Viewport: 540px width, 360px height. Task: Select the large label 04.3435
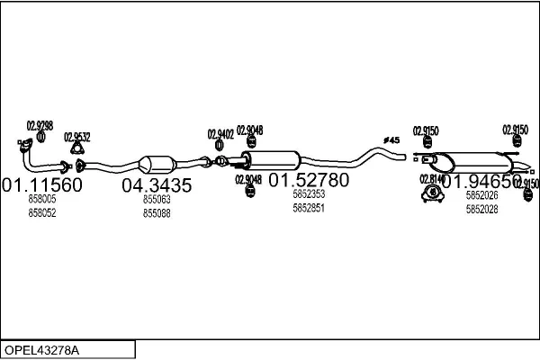[x=157, y=185]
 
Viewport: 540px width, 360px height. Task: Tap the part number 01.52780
[x=309, y=180]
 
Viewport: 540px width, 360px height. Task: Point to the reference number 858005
[x=41, y=199]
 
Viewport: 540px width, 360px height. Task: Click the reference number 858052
[x=41, y=212]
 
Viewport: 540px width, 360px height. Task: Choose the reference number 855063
[x=157, y=199]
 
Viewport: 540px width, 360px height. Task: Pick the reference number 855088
[x=157, y=213]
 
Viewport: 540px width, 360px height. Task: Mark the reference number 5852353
[x=309, y=193]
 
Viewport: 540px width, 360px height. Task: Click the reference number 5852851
[x=309, y=208]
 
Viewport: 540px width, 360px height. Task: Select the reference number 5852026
[x=481, y=195]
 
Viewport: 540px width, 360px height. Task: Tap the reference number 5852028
[x=481, y=210]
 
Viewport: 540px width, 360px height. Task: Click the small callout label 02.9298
[x=39, y=125]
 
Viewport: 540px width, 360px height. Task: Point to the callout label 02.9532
[x=76, y=137]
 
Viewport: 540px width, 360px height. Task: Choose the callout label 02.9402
[x=220, y=134]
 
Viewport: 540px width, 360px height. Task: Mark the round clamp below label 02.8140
[x=433, y=192]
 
